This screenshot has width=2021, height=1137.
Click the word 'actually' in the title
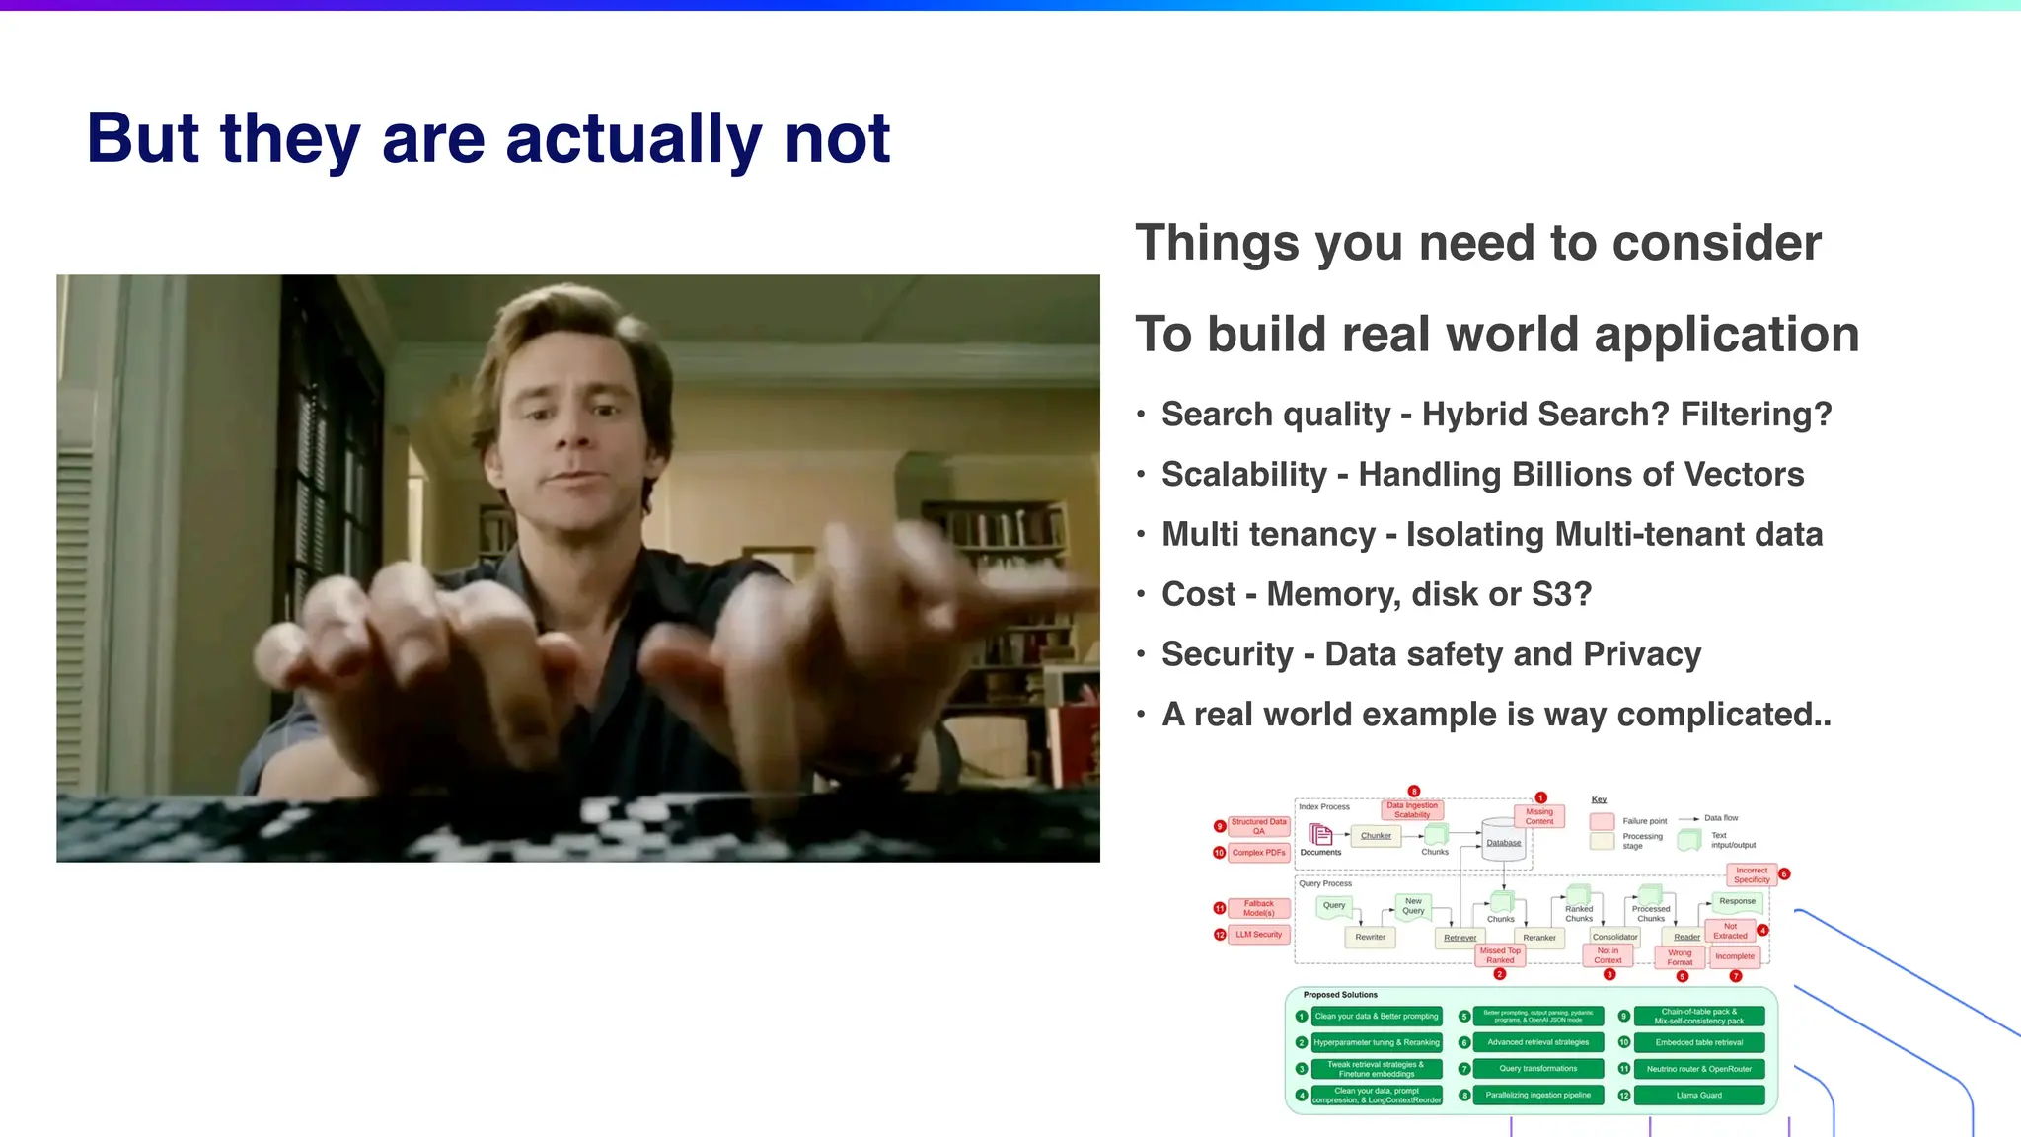pos(633,139)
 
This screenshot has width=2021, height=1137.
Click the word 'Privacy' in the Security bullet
pos(1642,654)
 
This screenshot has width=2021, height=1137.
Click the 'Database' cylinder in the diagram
pos(1503,842)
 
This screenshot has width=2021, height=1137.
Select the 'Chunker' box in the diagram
pos(1376,836)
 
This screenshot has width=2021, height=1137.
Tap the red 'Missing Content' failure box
pos(1538,816)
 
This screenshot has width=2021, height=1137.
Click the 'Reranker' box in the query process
pos(1538,938)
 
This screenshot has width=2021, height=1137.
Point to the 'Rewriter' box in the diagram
pos(1370,937)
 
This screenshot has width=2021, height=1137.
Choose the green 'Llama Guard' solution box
pos(1698,1095)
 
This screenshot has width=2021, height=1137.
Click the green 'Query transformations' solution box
pos(1537,1069)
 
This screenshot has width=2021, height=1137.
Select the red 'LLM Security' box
pos(1259,934)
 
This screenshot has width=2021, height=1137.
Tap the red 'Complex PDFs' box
pos(1258,852)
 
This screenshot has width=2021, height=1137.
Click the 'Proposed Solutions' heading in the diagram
pos(1339,995)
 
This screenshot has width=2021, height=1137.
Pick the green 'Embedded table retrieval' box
pos(1698,1042)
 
